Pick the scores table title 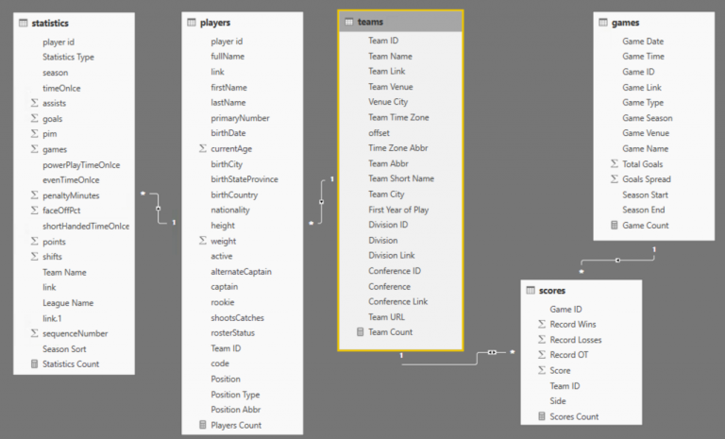coord(552,290)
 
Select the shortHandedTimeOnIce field coord(85,226)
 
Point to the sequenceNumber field coord(75,333)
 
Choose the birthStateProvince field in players coord(244,179)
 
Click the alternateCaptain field coord(241,271)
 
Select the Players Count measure coord(236,425)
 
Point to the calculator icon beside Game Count coord(615,226)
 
